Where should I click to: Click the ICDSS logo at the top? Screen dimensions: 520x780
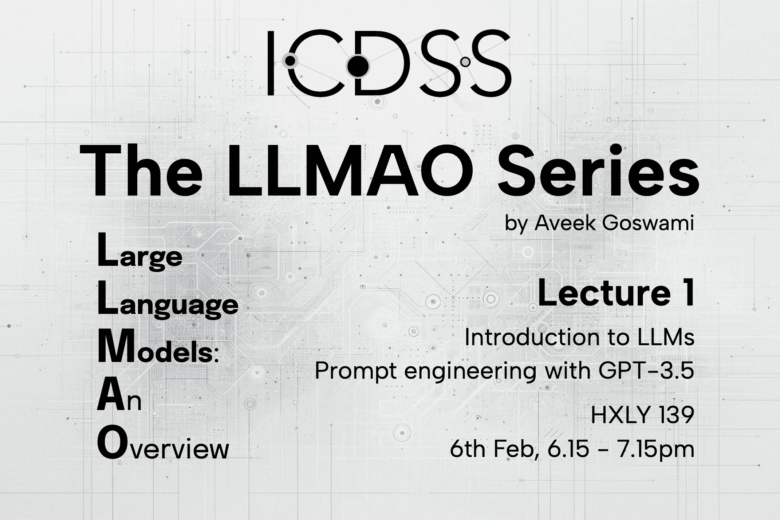(389, 63)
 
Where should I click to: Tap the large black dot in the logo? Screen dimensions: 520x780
(358, 66)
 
